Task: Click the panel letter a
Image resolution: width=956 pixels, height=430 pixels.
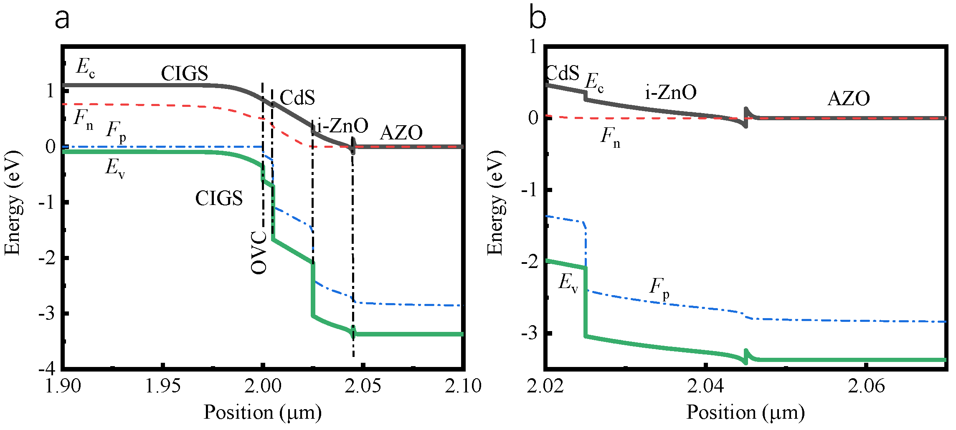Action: coord(62,19)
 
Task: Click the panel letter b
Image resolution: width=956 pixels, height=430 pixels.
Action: coord(537,18)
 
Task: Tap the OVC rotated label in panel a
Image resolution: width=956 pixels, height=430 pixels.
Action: coord(259,252)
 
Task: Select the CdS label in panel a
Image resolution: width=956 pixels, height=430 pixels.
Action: coord(297,98)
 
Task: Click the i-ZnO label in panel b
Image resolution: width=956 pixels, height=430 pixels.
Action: coord(671,92)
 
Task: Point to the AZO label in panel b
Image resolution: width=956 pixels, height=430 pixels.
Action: coord(849,99)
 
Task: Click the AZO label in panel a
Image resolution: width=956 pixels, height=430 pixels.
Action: coord(401,133)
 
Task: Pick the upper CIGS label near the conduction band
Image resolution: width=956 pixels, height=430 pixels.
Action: coord(184,74)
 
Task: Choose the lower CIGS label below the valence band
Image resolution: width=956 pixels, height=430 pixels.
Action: coord(219,198)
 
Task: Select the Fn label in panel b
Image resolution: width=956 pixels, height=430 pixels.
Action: coord(610,137)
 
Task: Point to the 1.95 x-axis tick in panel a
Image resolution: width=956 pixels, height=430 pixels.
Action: coord(162,386)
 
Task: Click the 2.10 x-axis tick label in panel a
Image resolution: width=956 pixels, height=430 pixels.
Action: coord(463,386)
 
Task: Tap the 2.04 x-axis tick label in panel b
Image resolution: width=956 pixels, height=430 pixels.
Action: coord(705,386)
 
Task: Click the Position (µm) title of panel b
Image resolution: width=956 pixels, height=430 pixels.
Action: coord(746,412)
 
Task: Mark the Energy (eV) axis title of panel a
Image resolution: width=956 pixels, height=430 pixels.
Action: coord(13,203)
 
